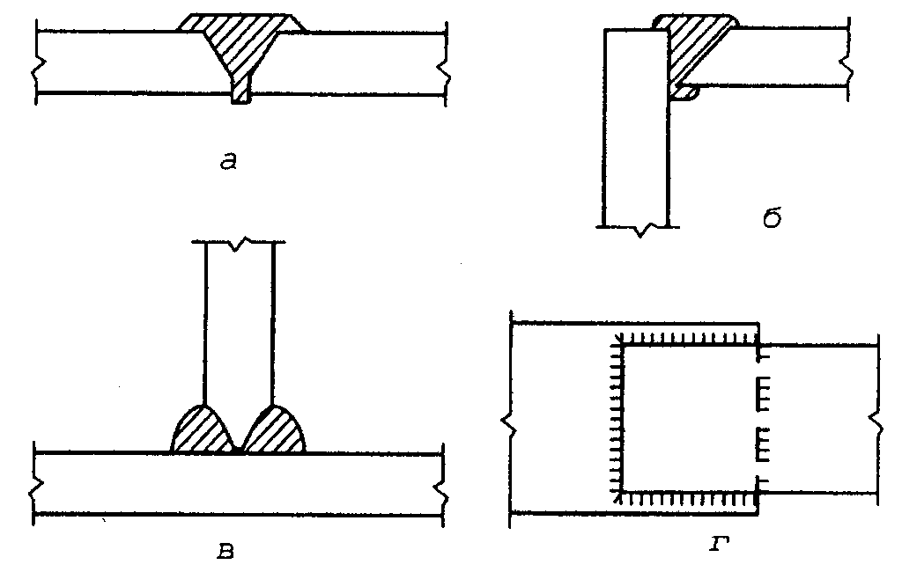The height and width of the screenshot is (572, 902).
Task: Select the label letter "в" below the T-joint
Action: pyautogui.click(x=225, y=553)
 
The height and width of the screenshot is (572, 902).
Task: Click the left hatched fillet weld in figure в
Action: pyautogui.click(x=201, y=431)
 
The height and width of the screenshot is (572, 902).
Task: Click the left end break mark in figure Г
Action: pyautogui.click(x=509, y=422)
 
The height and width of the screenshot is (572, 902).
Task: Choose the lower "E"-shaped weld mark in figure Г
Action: pyautogui.click(x=764, y=444)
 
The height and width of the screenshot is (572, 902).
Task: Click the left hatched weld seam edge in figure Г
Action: pyautogui.click(x=616, y=418)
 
